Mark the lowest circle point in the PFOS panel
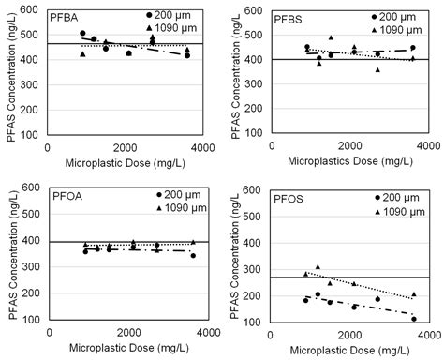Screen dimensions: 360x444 [x=413, y=319]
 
